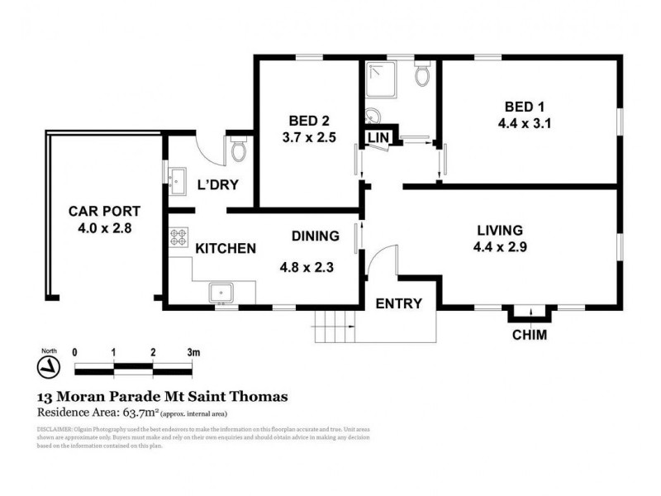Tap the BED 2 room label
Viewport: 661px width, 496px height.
[307, 117]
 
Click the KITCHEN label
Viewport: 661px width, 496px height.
[224, 248]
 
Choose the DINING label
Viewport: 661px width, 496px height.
[315, 236]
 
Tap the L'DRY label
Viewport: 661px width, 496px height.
[218, 184]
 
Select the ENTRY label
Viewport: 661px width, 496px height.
[399, 303]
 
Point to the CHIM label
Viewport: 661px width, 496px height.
[530, 335]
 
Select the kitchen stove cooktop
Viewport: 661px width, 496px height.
[178, 238]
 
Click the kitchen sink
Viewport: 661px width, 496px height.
[221, 292]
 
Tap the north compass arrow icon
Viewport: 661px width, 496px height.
[50, 365]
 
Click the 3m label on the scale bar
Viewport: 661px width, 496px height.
[193, 351]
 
